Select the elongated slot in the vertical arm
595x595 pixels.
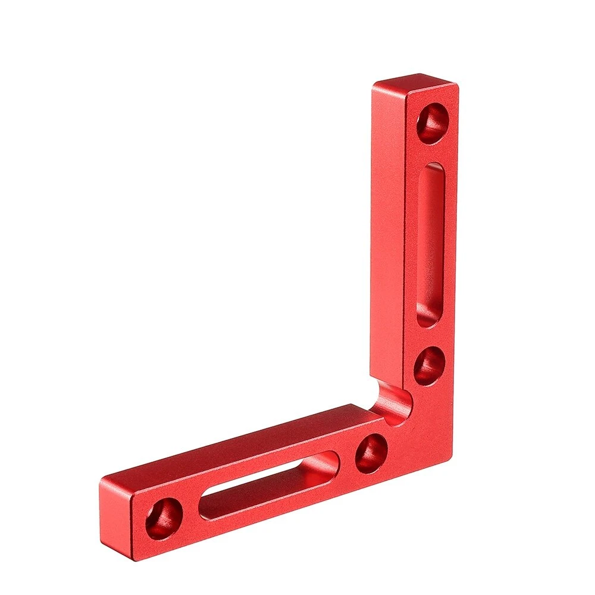point(430,244)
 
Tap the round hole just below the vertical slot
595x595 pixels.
point(429,365)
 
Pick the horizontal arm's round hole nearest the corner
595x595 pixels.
point(372,453)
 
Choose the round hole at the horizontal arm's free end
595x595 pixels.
point(164,518)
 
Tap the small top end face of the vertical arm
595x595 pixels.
point(414,83)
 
